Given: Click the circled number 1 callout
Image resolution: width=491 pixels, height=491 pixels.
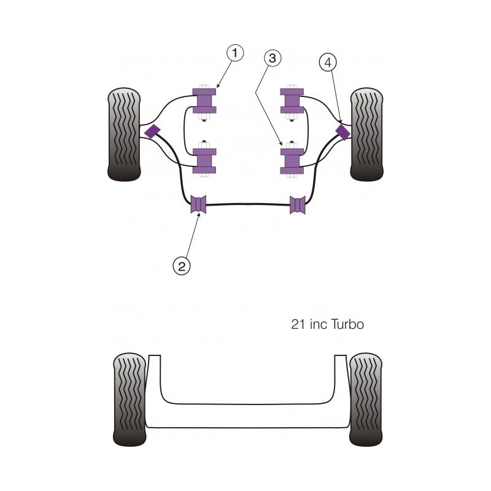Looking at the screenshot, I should coord(234,53).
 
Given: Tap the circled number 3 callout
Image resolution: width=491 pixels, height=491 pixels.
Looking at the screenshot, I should coord(273,58).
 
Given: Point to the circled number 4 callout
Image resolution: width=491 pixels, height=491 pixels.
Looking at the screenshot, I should coord(328,62).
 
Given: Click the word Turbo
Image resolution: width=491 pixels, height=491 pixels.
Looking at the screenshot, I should coord(345,324).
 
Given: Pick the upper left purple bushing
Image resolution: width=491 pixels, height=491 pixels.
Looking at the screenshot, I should coord(204,101).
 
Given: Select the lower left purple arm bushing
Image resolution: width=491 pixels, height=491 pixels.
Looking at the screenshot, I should coord(204,160).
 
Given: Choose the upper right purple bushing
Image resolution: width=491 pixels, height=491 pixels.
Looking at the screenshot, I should coord(292,101).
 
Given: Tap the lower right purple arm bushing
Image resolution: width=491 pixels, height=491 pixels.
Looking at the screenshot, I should coord(292,160).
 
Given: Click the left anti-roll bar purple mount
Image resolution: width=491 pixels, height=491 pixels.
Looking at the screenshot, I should coord(198,205).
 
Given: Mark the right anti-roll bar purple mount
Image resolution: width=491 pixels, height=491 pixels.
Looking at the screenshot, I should coord(298,205).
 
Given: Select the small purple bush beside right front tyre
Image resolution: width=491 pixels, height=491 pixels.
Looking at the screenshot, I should coord(344,131).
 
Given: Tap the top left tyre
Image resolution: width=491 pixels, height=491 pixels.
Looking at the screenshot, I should coord(125,135).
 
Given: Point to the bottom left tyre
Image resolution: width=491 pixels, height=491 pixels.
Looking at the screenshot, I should coord(130,398).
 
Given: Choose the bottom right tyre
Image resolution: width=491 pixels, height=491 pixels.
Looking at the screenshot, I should coord(366,398).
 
